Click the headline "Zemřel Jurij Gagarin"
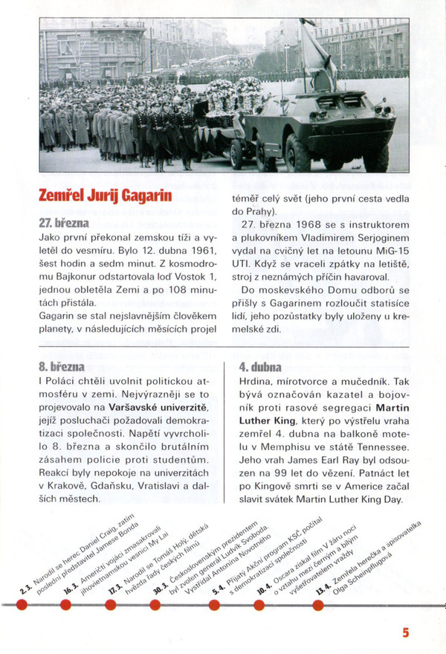click(x=106, y=197)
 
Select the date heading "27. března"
click(x=65, y=222)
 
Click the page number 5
click(x=406, y=632)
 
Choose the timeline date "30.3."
click(x=158, y=587)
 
